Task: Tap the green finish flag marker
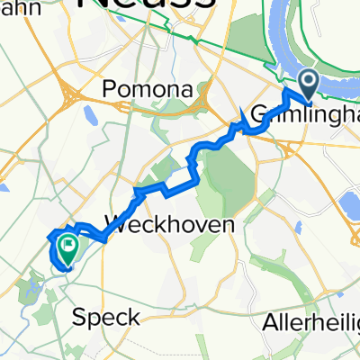(67, 244)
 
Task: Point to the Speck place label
(107, 317)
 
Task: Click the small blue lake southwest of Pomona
(90, 115)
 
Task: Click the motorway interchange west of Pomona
(70, 94)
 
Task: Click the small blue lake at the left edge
(4, 190)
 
